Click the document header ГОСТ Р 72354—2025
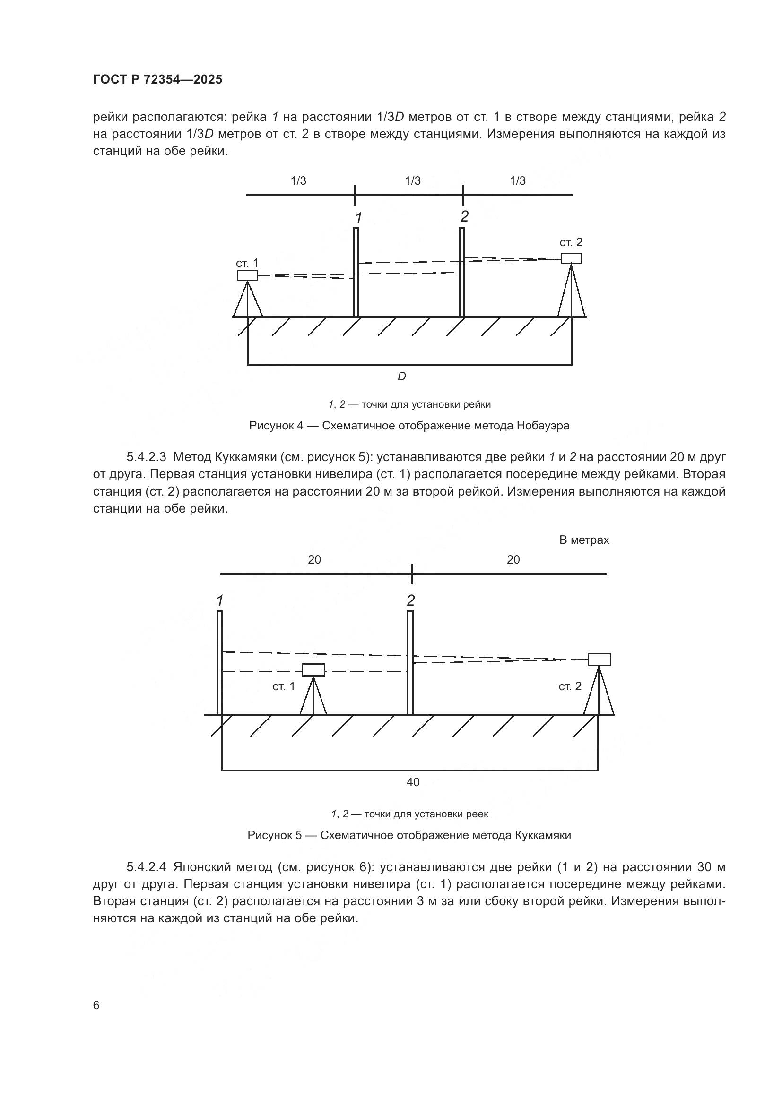pyautogui.click(x=157, y=79)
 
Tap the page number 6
pyautogui.click(x=96, y=1005)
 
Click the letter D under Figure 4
pyautogui.click(x=401, y=377)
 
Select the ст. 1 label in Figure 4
pyautogui.click(x=246, y=263)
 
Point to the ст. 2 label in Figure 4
pyautogui.click(x=571, y=242)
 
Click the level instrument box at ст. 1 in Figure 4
pyautogui.click(x=247, y=275)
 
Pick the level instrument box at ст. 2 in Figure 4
pyautogui.click(x=571, y=258)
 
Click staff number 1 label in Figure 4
pyautogui.click(x=358, y=218)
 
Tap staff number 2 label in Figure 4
pyautogui.click(x=464, y=216)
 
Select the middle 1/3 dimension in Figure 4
pyautogui.click(x=413, y=181)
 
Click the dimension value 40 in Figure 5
pyautogui.click(x=413, y=782)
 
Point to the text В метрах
pyautogui.click(x=583, y=540)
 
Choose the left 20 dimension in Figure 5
pyautogui.click(x=314, y=560)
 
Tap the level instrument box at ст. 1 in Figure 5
pyautogui.click(x=313, y=669)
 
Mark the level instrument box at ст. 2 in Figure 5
pyautogui.click(x=599, y=660)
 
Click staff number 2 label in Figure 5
pyautogui.click(x=411, y=600)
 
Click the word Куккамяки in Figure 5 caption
pyautogui.click(x=543, y=835)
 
